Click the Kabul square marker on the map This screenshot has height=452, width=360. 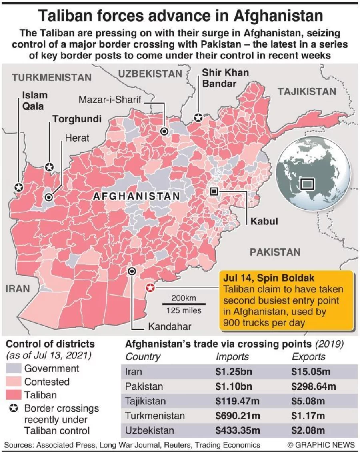[x=214, y=192]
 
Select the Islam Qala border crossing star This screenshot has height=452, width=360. [x=18, y=187]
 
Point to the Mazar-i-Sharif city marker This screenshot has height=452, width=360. [x=164, y=131]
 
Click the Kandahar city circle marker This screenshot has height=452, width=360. [x=132, y=272]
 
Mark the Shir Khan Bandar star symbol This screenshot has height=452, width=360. [x=198, y=118]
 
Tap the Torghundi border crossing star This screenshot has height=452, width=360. [x=49, y=167]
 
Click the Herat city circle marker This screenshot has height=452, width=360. [x=49, y=197]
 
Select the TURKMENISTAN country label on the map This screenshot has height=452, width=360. [x=52, y=77]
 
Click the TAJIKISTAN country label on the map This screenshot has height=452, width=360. [x=307, y=92]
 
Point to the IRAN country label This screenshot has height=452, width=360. [x=18, y=288]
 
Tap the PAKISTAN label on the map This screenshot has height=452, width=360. [x=275, y=252]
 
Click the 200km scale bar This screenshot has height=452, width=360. [x=184, y=304]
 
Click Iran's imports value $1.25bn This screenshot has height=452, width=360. [x=234, y=372]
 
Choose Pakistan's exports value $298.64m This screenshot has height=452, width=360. [x=314, y=386]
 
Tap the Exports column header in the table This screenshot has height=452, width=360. [x=308, y=357]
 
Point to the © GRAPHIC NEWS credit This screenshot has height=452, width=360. [x=321, y=445]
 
